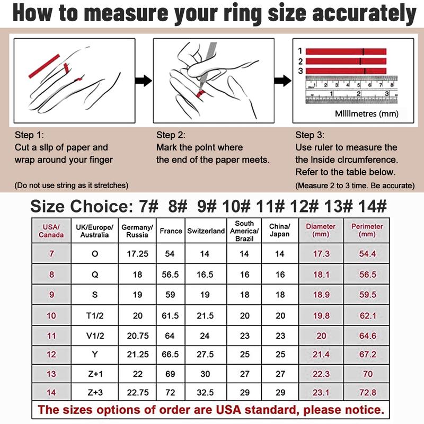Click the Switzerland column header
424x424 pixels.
pyautogui.click(x=206, y=231)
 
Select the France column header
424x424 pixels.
pyautogui.click(x=171, y=231)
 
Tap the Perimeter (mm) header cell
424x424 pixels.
pyautogui.click(x=367, y=231)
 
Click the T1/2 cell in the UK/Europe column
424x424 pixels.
pyautogui.click(x=95, y=315)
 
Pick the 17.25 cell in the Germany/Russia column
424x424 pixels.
pyautogui.click(x=138, y=254)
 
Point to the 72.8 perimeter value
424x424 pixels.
pyautogui.click(x=367, y=392)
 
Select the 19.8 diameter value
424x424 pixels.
pyautogui.click(x=321, y=315)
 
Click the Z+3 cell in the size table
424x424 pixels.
pyautogui.click(x=95, y=392)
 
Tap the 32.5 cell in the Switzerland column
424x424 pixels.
pyautogui.click(x=205, y=392)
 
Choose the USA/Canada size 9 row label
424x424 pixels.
pyautogui.click(x=51, y=295)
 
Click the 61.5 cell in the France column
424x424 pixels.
pyautogui.click(x=170, y=315)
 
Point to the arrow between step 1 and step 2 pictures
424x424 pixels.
pyautogui.click(x=144, y=81)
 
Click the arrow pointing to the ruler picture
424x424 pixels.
pyautogui.click(x=283, y=81)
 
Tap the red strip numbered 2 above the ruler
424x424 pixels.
pyautogui.click(x=346, y=61)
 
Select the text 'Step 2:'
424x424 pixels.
pyautogui.click(x=171, y=135)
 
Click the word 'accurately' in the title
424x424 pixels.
pyautogui.click(x=364, y=14)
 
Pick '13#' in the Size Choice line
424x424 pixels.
pyautogui.click(x=338, y=206)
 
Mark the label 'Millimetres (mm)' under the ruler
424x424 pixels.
pyautogui.click(x=367, y=113)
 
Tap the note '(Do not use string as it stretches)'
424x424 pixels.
pyautogui.click(x=72, y=185)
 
